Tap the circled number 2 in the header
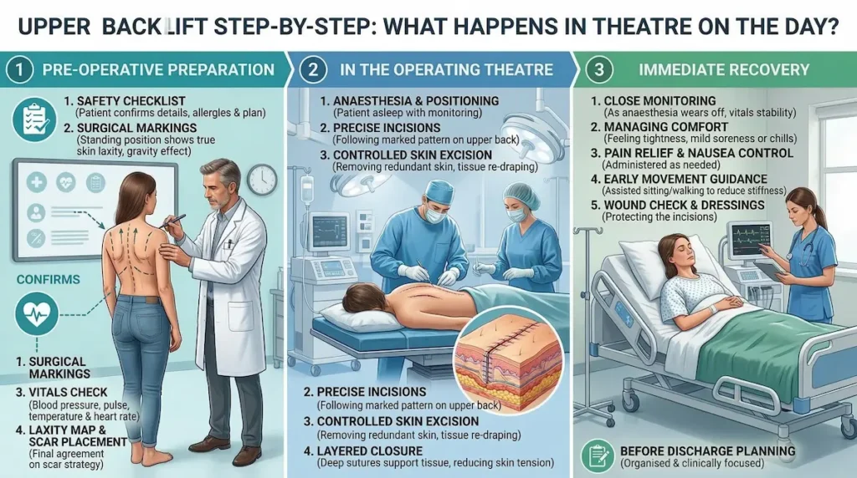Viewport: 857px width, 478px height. click(310, 70)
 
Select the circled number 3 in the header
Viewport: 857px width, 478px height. click(598, 70)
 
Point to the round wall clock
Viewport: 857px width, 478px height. click(261, 179)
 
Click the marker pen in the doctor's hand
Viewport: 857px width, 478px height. click(176, 221)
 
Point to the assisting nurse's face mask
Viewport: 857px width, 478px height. click(516, 216)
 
